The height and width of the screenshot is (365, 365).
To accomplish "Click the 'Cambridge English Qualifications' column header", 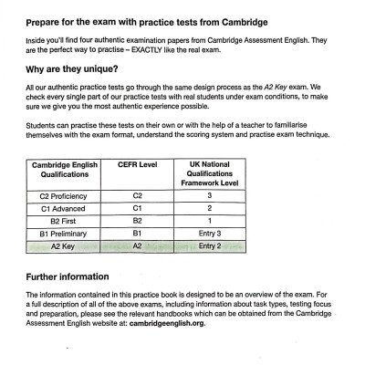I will point(66,172).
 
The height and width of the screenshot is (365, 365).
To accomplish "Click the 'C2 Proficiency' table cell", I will point(66,195).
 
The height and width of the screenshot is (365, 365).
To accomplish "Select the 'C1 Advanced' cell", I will point(66,208).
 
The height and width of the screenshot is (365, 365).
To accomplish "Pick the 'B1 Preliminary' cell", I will point(66,233).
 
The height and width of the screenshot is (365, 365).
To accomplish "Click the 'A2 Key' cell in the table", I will point(66,245).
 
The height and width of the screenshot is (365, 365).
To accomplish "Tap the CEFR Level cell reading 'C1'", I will point(139,208).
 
